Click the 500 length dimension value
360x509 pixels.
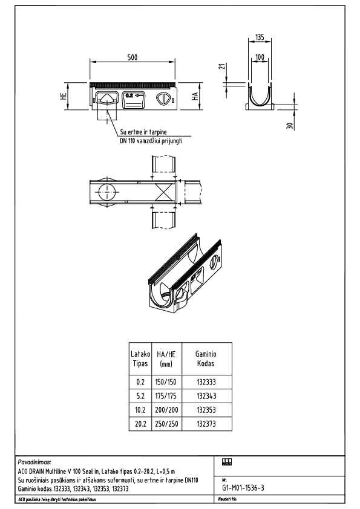[133, 57]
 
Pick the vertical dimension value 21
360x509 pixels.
[222, 66]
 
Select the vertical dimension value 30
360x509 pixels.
[290, 126]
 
